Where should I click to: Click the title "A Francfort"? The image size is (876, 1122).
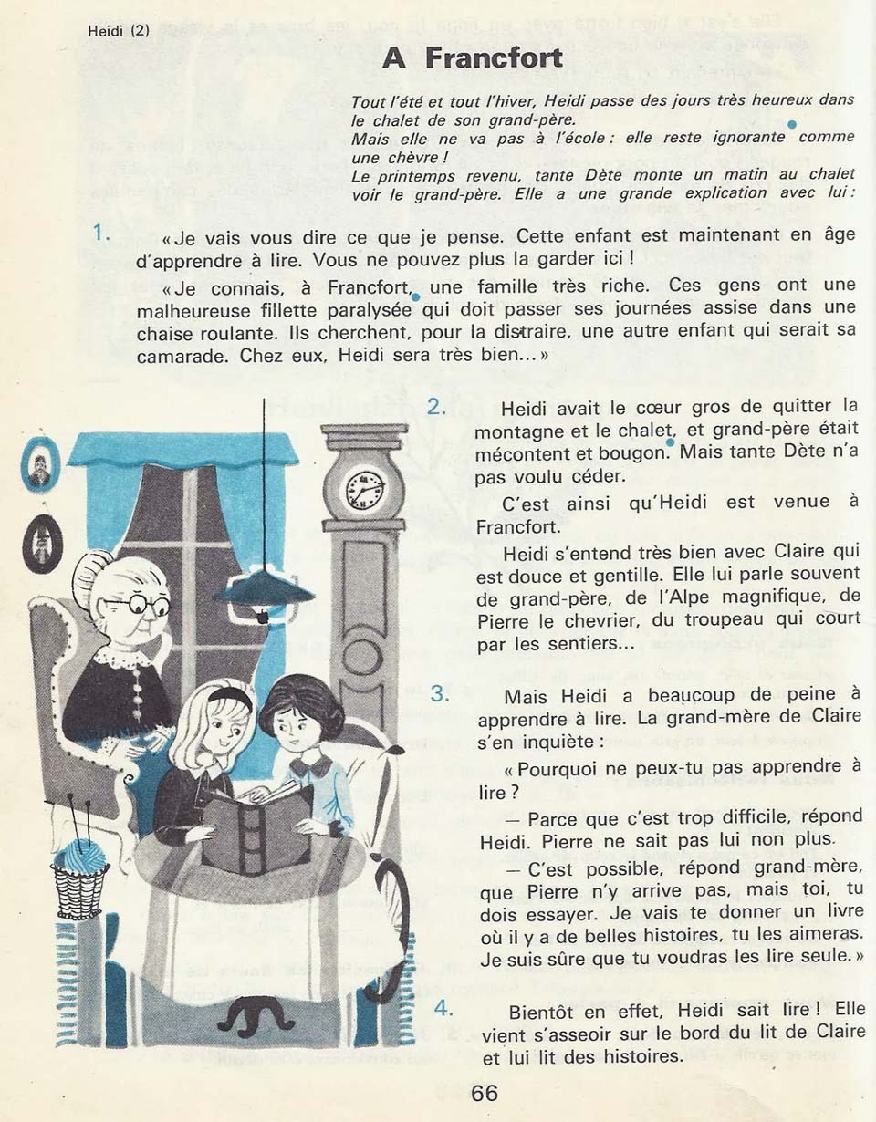coord(472,57)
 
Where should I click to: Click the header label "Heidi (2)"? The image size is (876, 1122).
coord(119,29)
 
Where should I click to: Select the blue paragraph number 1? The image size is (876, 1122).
coord(102,234)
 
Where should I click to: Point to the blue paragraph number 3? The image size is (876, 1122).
coord(441,693)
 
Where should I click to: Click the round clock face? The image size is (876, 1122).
coord(364,489)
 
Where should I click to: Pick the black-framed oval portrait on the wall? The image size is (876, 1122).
coord(40,544)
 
